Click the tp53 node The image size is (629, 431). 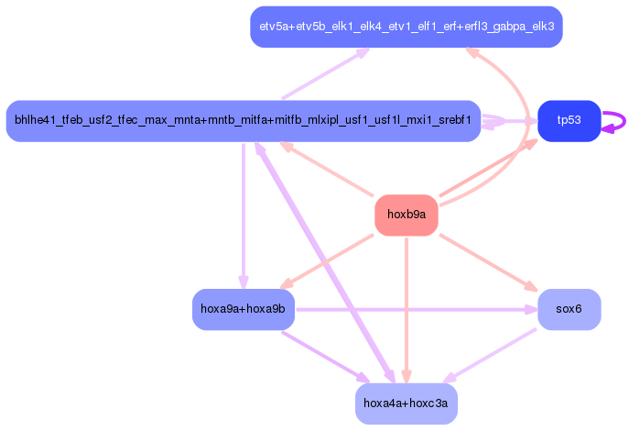pos(569,121)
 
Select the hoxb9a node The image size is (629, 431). pos(406,215)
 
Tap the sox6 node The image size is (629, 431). pos(569,309)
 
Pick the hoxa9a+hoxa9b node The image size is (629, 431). pos(243,309)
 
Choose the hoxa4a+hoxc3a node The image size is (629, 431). pos(406,403)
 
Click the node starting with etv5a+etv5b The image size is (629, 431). pos(406,27)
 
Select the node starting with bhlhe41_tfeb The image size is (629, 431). pos(243,121)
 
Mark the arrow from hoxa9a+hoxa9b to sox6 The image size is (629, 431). pos(412,309)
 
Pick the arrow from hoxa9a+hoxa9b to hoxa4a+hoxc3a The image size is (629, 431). pos(325,357)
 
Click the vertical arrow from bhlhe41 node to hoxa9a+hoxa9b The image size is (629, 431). pos(243,211)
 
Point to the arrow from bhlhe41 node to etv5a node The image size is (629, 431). pos(325,73)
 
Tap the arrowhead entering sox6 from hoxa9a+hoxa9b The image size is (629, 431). pos(530,309)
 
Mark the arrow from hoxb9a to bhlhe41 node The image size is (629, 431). pos(330,169)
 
